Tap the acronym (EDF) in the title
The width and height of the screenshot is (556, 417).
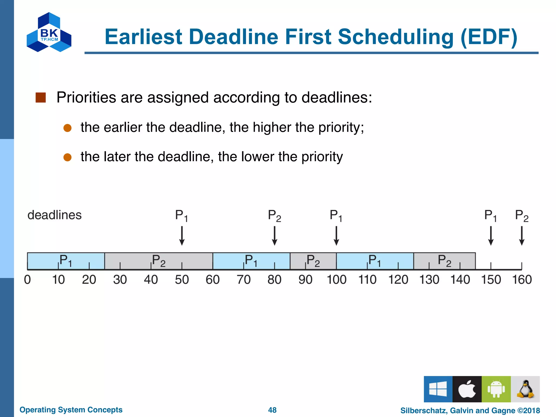tap(489, 37)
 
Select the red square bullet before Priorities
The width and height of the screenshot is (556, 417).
tap(40, 97)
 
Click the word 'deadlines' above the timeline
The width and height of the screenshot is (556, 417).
tap(55, 215)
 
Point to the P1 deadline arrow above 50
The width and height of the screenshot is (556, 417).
tap(182, 236)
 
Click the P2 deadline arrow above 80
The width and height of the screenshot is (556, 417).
tap(274, 236)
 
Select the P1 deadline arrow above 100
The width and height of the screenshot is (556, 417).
tap(336, 236)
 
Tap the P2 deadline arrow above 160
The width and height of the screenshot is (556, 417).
tap(522, 236)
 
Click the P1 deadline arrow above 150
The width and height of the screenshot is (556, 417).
tap(491, 236)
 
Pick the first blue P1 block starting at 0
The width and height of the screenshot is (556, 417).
tap(66, 261)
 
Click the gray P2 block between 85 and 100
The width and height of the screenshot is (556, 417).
tap(313, 261)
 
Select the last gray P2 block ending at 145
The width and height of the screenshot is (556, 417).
tap(444, 261)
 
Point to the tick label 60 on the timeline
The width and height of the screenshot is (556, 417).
tap(213, 280)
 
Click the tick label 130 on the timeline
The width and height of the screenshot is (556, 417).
tap(429, 280)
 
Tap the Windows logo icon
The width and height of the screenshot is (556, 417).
tap(438, 389)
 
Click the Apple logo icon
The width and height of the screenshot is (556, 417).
tap(467, 389)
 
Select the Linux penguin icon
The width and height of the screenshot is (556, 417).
tap(525, 389)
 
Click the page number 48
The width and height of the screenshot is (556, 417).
tap(272, 410)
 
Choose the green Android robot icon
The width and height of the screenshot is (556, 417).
tap(496, 389)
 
